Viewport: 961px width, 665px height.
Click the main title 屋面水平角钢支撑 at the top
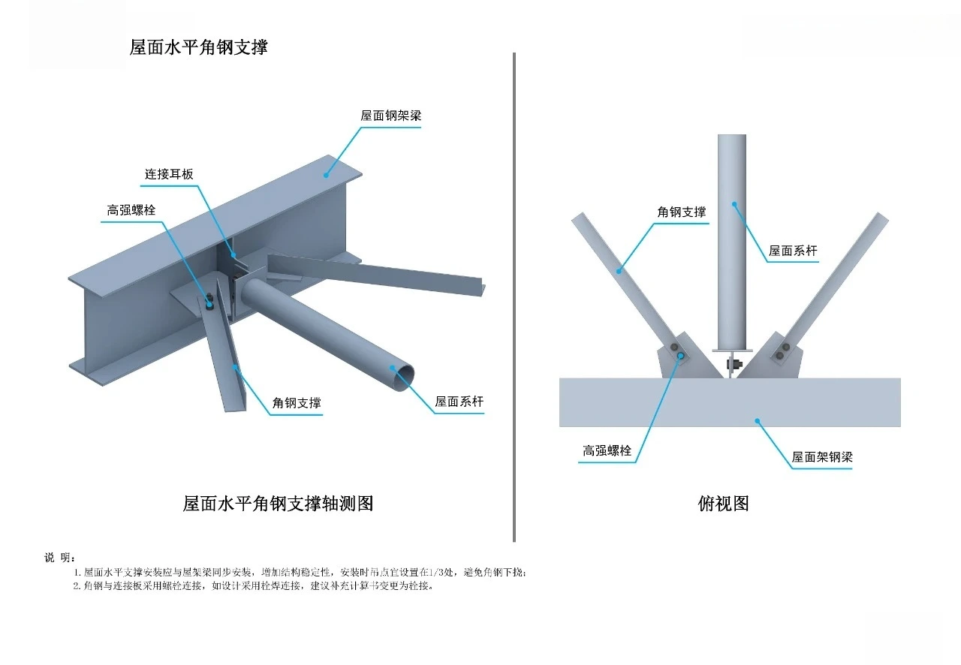(x=198, y=47)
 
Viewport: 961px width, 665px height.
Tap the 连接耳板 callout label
(x=169, y=174)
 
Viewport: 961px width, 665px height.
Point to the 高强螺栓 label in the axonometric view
(x=131, y=211)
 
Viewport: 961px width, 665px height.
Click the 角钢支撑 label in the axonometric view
(x=297, y=403)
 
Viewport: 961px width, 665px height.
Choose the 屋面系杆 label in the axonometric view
(x=459, y=402)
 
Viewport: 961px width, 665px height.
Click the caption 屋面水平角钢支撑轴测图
(x=278, y=503)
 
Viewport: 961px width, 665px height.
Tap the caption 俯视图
(x=723, y=503)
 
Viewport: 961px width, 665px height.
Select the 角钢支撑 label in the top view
(x=682, y=212)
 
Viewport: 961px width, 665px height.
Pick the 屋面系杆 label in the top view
(x=793, y=251)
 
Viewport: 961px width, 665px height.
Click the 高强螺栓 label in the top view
(x=607, y=451)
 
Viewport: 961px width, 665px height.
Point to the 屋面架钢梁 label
(x=822, y=457)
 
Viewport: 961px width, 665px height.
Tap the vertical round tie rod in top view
(x=732, y=240)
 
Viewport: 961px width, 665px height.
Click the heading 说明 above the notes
(x=59, y=557)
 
